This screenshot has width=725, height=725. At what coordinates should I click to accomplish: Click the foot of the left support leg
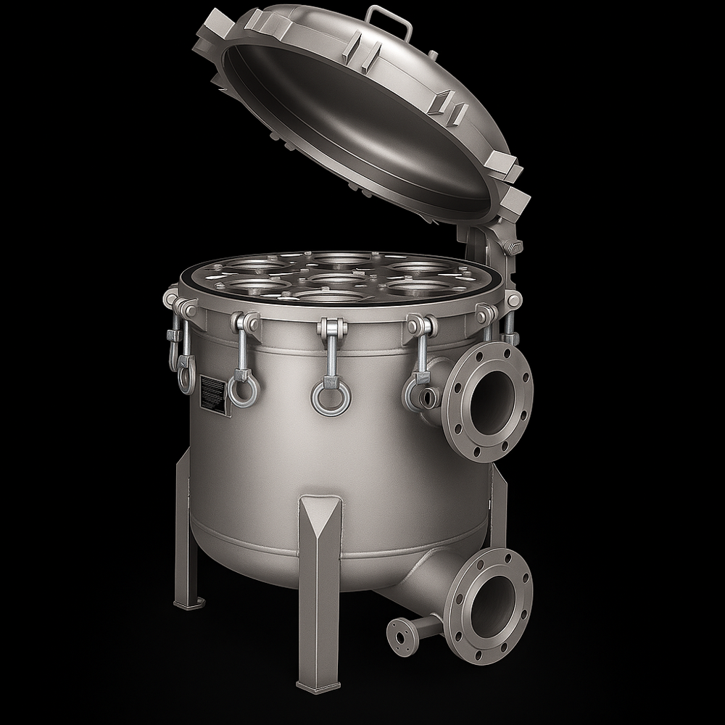pos(188,601)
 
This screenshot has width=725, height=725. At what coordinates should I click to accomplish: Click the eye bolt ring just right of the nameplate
pos(243,389)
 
